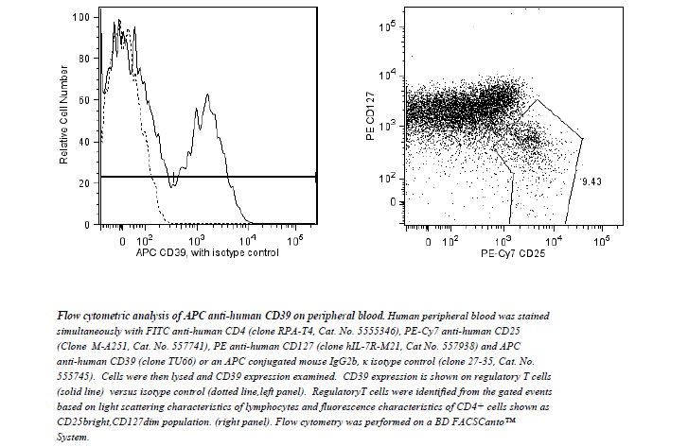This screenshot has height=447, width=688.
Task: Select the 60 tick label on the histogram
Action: (x=86, y=100)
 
